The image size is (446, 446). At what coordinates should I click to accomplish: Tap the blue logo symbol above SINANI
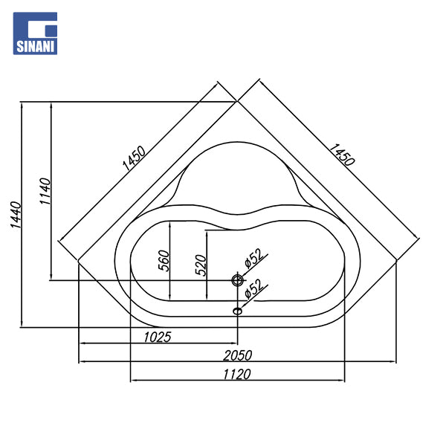(36, 28)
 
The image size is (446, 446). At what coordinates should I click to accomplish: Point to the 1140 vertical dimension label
(45, 193)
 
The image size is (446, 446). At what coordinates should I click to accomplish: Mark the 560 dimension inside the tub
(164, 262)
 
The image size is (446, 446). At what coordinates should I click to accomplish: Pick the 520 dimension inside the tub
(200, 265)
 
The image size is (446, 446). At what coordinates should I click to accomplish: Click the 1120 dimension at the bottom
(234, 373)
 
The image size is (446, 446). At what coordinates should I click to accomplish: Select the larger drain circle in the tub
(237, 280)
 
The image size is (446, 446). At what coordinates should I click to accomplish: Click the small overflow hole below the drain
(237, 311)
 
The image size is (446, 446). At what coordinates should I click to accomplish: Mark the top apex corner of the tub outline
(236, 100)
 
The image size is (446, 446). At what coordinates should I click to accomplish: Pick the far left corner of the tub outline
(79, 260)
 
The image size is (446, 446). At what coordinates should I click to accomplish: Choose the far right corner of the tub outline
(396, 260)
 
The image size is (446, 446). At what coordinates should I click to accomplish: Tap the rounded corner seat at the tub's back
(236, 175)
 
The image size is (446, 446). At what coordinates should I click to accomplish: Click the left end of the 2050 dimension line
(80, 362)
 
